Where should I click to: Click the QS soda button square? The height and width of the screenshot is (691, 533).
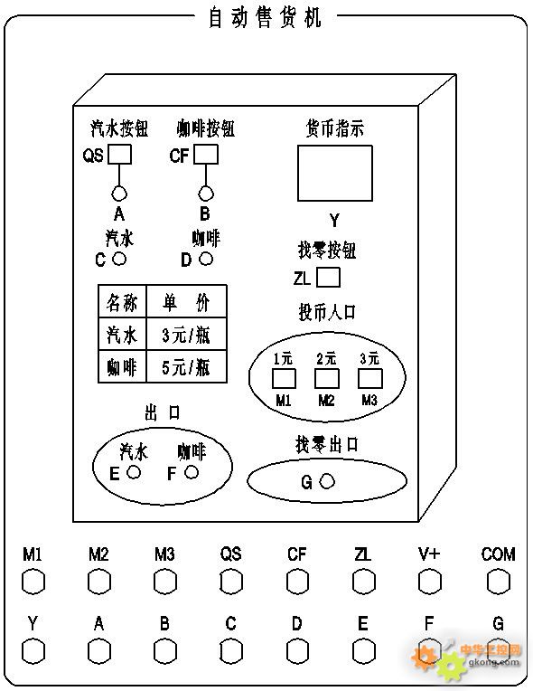coord(120,155)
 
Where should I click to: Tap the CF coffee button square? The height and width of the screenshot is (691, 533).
coord(206,155)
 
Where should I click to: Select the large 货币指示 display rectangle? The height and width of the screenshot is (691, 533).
coord(335,173)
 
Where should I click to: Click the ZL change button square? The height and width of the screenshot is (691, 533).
coord(328,278)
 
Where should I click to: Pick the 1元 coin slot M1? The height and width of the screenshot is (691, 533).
coord(284,379)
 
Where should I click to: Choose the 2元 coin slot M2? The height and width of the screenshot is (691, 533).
coord(327,379)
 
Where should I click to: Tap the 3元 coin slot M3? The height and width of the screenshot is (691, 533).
coord(370,379)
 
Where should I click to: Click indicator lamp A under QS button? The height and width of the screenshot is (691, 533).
coord(119,193)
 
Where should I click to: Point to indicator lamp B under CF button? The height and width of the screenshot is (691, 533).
coord(206,193)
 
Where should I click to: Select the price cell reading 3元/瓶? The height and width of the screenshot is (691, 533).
coord(187,335)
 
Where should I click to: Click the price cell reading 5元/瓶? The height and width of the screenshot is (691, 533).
coord(187,366)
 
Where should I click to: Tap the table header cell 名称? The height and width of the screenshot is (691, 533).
coord(122,301)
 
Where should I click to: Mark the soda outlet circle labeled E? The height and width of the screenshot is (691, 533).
coord(134,472)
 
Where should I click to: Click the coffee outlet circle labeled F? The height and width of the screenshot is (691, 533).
coord(192,472)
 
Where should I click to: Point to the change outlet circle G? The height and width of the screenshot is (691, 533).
coord(327,481)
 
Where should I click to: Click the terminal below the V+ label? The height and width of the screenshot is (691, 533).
coord(430,582)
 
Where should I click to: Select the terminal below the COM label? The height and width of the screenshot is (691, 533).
coord(499,582)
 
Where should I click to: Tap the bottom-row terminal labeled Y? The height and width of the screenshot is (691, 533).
coord(33,651)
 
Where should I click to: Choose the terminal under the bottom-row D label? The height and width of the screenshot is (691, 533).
coord(297,651)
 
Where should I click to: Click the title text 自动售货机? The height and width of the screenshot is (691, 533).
coord(265,17)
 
